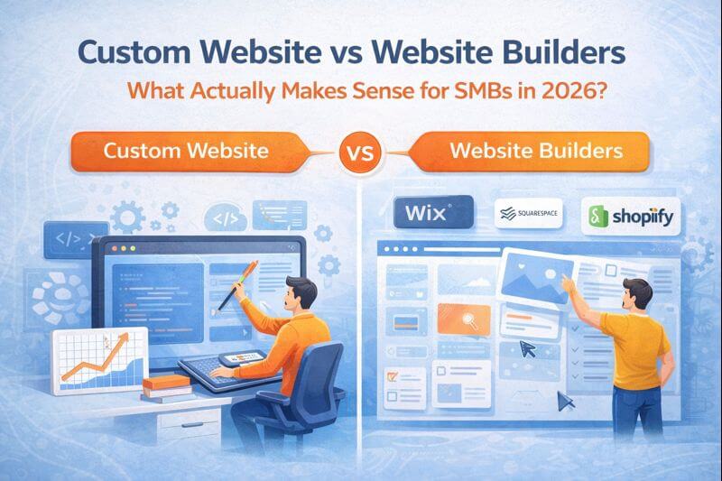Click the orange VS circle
(x=360, y=150)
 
